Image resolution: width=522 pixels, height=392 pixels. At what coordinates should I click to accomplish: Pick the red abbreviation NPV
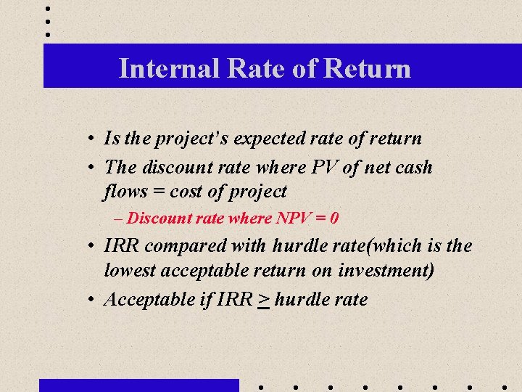click(294, 218)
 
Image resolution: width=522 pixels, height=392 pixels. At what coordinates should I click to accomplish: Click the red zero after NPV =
click(334, 218)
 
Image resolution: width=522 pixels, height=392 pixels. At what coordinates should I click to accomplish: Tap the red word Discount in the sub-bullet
click(154, 218)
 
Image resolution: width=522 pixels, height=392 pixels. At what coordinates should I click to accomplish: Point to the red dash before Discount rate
click(119, 219)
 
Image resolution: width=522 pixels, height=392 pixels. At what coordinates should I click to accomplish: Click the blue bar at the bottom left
click(138, 385)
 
